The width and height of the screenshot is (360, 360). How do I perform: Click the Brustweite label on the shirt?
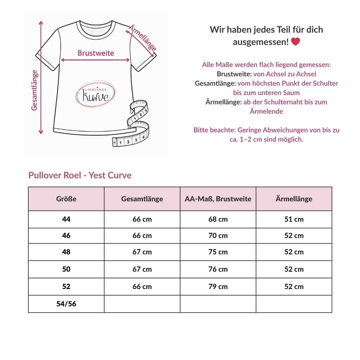96,53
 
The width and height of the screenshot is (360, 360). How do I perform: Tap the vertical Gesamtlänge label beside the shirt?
34,90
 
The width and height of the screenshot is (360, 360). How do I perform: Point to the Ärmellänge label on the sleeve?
142,38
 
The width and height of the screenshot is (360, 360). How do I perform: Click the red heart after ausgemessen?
295,42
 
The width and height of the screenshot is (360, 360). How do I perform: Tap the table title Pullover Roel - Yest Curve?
80,175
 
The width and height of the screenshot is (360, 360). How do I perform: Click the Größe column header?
66,199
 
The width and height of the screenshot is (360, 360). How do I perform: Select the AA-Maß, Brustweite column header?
218,199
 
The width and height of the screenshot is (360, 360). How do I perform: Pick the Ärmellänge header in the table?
294,199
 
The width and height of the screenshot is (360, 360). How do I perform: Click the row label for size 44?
66,219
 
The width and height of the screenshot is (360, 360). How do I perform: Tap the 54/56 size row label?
66,304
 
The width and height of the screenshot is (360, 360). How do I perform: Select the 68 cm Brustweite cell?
218,219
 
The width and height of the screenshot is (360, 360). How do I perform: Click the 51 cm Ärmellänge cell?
294,219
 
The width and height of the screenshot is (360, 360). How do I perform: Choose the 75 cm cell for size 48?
218,252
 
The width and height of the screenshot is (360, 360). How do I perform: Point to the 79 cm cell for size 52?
218,287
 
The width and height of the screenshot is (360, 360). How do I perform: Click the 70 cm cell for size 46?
218,236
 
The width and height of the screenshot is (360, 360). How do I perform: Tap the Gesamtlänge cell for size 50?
142,269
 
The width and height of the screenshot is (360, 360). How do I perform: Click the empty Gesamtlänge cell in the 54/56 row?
142,304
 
